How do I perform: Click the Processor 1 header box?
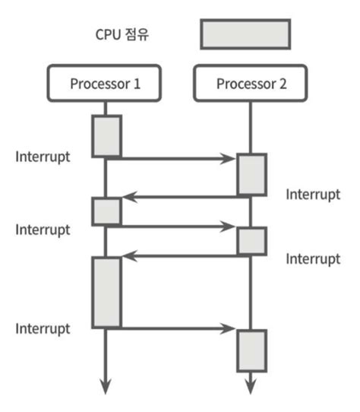pyautogui.click(x=105, y=83)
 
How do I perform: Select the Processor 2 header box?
pyautogui.click(x=251, y=83)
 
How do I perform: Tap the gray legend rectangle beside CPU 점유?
pyautogui.click(x=245, y=34)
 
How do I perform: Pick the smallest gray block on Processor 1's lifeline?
pyautogui.click(x=106, y=211)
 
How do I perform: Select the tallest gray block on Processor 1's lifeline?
pyautogui.click(x=106, y=292)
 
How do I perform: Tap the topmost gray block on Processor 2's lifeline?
pyautogui.click(x=251, y=175)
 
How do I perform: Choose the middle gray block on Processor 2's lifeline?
pyautogui.click(x=251, y=241)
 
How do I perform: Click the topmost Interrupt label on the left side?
pyautogui.click(x=43, y=157)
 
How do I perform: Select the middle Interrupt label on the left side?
pyautogui.click(x=43, y=229)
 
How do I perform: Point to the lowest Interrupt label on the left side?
pyautogui.click(x=43, y=328)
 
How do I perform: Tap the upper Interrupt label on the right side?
pyautogui.click(x=312, y=194)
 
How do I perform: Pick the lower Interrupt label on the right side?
pyautogui.click(x=312, y=259)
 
